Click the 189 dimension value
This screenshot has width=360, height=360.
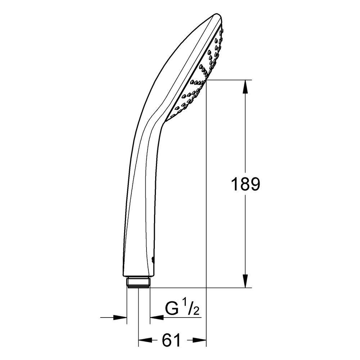tap(245, 184)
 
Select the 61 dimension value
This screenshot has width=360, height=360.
tap(171, 340)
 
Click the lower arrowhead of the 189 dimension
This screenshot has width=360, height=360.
tap(245, 281)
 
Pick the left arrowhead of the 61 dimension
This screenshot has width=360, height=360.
tap(145, 340)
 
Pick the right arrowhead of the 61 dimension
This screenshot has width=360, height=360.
tap(199, 340)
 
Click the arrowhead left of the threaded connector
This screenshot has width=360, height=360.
tap(120, 318)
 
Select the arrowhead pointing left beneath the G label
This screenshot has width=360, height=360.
tap(157, 318)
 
